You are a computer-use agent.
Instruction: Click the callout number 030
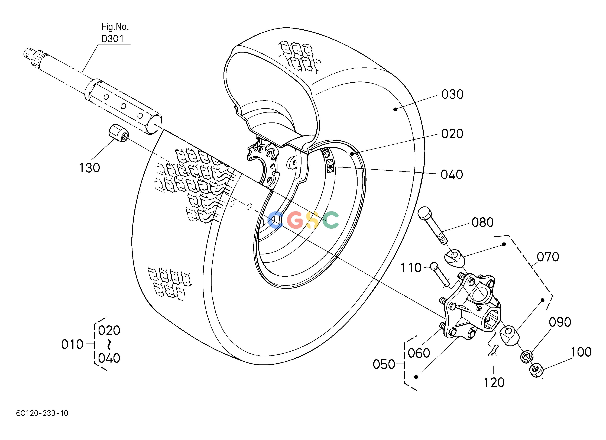click(x=452, y=95)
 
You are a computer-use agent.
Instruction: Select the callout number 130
click(x=89, y=168)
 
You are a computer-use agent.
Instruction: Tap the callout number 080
click(x=482, y=222)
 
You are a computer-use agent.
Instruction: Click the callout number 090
click(x=560, y=322)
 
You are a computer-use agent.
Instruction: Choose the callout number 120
click(x=494, y=383)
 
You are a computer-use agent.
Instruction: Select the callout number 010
click(x=72, y=344)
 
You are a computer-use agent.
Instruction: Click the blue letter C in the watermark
click(x=275, y=220)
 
